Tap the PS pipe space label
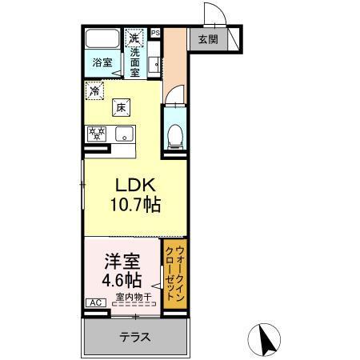point(156,33)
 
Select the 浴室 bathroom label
point(101,62)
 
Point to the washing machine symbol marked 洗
point(134,38)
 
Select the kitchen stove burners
point(97,134)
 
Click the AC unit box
point(94,302)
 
